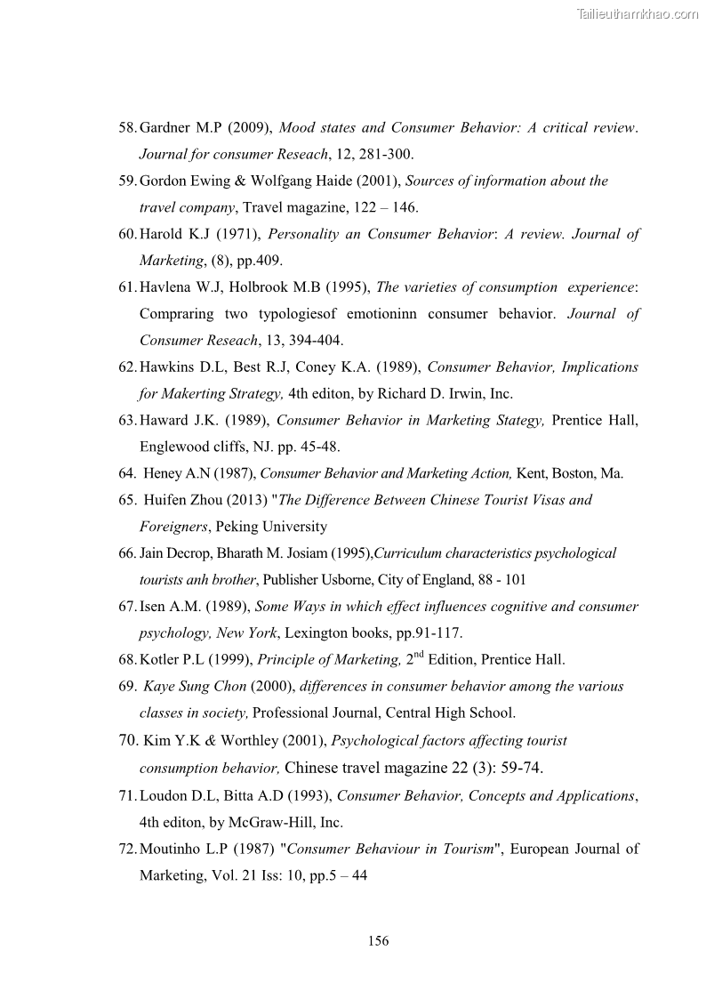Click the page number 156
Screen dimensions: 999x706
[x=378, y=941]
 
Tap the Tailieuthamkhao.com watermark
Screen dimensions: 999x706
[x=638, y=13]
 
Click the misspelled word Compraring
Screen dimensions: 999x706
[x=179, y=314]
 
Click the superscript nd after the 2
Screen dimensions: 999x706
[x=418, y=655]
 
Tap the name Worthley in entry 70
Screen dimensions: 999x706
[x=256, y=740]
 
